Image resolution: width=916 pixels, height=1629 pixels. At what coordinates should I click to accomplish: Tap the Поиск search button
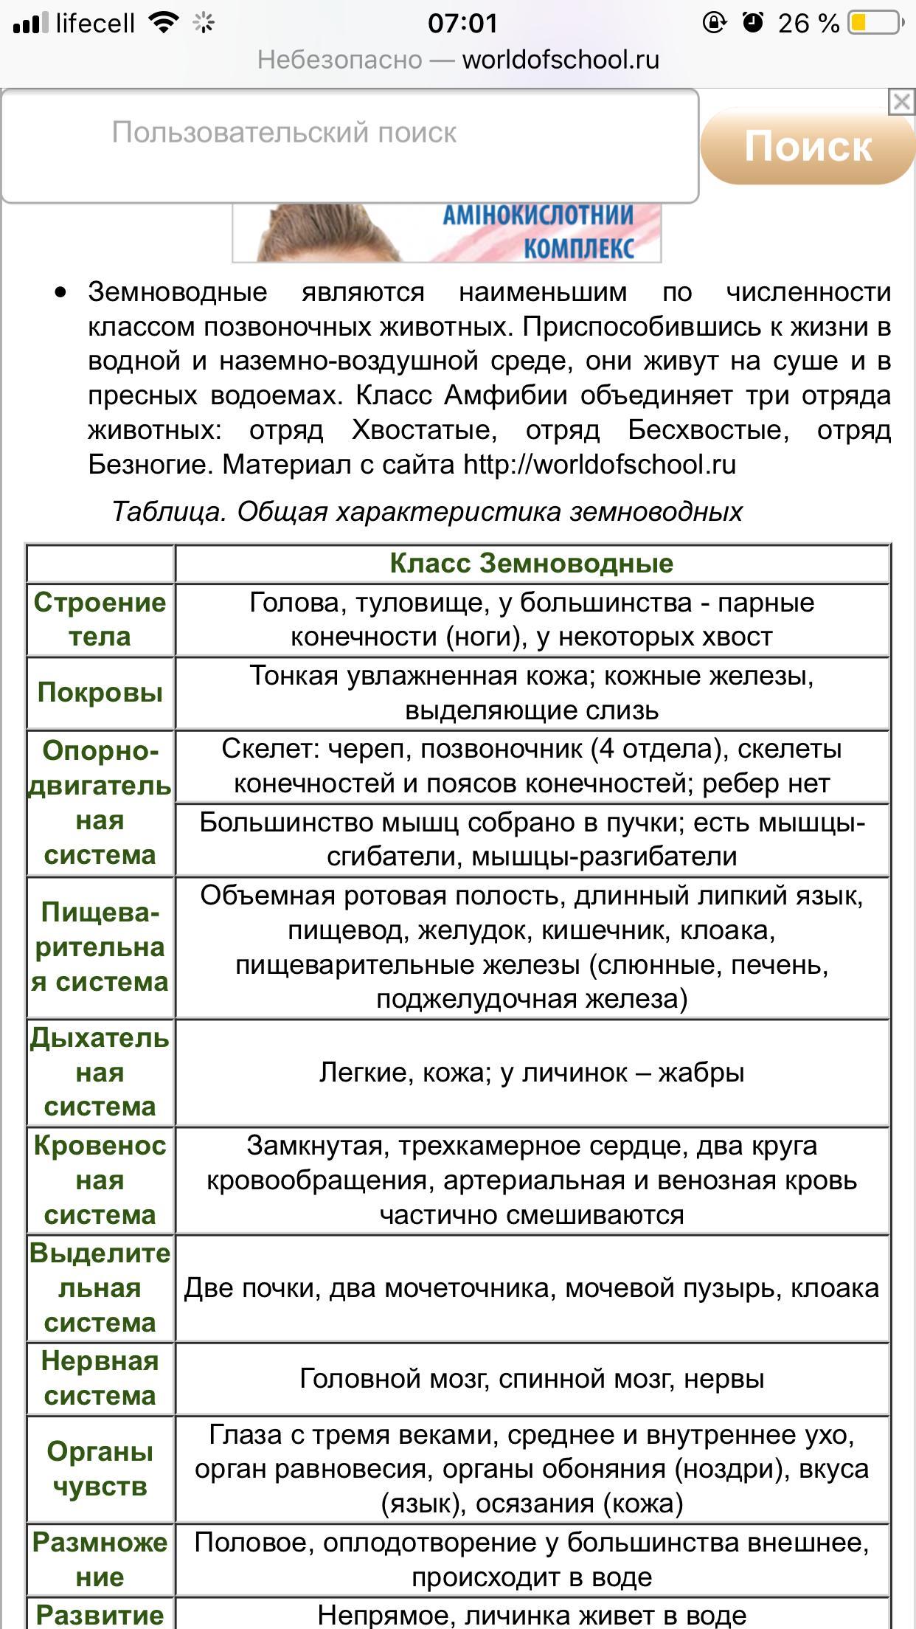coord(807,146)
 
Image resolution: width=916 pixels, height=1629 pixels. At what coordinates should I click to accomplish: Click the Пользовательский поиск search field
coord(350,145)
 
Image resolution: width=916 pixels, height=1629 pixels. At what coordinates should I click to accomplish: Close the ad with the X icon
coord(901,102)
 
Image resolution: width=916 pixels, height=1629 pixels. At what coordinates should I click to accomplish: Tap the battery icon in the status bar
coord(875,24)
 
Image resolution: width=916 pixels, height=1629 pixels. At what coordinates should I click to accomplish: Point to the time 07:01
coord(463,24)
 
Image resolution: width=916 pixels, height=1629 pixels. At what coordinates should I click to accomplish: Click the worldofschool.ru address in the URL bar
coord(561,60)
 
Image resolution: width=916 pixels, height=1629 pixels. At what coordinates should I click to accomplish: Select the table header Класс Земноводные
coord(531,564)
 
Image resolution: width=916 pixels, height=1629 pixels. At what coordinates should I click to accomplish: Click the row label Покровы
coord(100,693)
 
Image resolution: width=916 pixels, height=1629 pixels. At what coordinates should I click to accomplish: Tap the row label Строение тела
coord(100,620)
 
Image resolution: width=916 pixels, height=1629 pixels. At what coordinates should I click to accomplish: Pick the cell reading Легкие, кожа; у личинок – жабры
coord(531,1073)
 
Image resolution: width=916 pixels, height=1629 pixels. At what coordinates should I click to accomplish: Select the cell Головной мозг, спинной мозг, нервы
coord(531,1378)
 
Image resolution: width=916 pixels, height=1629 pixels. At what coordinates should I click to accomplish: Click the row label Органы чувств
coord(100,1469)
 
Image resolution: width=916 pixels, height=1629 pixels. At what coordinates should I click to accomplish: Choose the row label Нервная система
coord(100,1378)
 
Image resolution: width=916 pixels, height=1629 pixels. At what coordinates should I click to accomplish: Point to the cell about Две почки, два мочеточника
coord(531,1288)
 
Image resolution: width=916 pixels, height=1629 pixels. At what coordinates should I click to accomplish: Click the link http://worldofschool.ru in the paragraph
coord(599,465)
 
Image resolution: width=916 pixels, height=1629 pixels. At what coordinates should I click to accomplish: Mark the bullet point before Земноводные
coord(60,293)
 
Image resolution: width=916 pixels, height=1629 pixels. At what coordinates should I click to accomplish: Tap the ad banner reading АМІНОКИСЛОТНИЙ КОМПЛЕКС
coord(447,233)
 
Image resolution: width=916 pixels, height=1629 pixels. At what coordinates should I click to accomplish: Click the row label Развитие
coord(100,1615)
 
